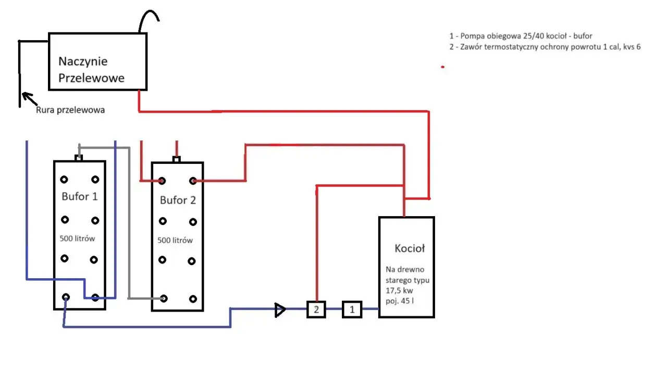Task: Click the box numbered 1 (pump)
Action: [x=352, y=310]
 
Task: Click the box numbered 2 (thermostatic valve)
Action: [x=316, y=310]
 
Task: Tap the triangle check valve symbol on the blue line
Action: [x=280, y=310]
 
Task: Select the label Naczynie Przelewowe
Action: [x=91, y=69]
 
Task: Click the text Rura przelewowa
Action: [x=70, y=110]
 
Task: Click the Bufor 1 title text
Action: [x=80, y=197]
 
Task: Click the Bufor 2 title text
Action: [x=178, y=200]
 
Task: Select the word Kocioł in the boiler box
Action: [x=410, y=248]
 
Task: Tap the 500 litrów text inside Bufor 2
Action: [x=175, y=241]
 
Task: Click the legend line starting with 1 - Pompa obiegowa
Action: [x=521, y=36]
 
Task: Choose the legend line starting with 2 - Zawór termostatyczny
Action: [x=545, y=47]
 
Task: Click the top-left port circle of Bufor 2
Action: [x=162, y=181]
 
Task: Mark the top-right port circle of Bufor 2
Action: [x=193, y=181]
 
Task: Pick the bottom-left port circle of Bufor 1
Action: [x=66, y=297]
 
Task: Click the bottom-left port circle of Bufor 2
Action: [x=164, y=299]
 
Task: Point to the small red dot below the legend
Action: [x=442, y=67]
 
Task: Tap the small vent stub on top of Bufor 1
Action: [x=79, y=158]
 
